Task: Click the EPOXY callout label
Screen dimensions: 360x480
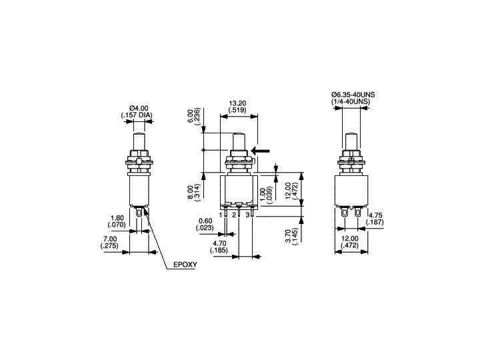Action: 186,265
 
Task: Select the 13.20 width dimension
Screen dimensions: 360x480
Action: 237,103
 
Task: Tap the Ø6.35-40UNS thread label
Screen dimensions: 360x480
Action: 353,95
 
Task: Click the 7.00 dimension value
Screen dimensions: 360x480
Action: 111,239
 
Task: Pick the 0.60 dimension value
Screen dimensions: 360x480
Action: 205,222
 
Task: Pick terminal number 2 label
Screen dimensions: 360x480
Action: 235,215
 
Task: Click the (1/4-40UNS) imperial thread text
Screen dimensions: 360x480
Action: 353,103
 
